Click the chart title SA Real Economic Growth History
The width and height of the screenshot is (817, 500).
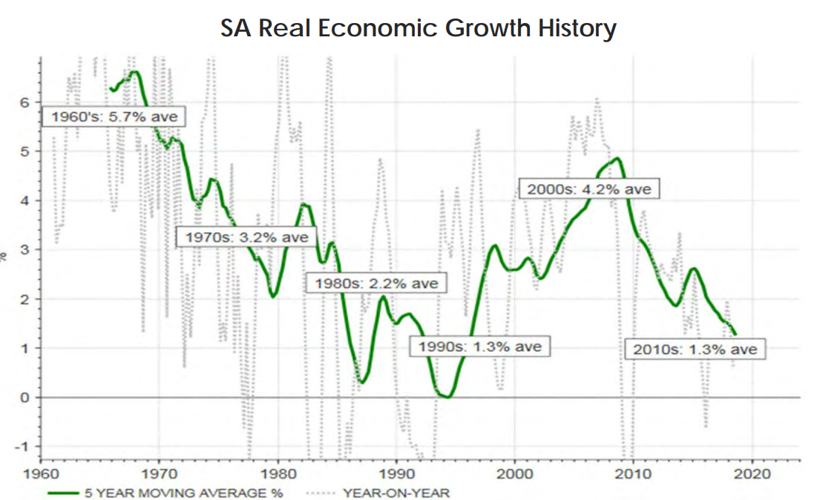click(x=419, y=28)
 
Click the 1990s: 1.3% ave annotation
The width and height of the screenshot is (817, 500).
click(x=480, y=346)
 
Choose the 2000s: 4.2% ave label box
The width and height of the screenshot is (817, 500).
click(x=588, y=188)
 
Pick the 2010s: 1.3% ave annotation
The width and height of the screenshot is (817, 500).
click(x=695, y=348)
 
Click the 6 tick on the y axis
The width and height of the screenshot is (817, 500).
click(x=24, y=102)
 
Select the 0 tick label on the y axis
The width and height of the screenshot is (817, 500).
click(x=24, y=398)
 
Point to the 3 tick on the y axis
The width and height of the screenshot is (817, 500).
click(x=24, y=250)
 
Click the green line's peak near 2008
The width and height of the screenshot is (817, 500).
click(x=617, y=158)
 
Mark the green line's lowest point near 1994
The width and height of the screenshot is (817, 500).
click(x=447, y=397)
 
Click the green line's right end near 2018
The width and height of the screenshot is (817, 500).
click(x=735, y=334)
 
